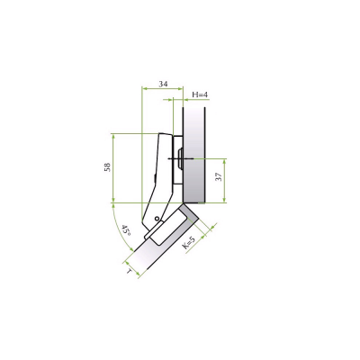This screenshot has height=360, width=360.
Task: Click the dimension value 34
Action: tap(163, 84)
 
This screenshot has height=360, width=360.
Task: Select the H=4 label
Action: tap(200, 94)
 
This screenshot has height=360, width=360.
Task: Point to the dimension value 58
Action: tap(107, 167)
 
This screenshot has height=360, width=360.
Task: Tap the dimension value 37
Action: tap(219, 176)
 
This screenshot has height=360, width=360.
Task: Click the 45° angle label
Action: tap(126, 231)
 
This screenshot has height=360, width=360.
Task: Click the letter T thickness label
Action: tap(130, 271)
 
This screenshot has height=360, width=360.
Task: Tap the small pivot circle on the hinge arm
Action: tap(157, 218)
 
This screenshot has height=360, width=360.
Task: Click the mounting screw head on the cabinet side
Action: tap(181, 158)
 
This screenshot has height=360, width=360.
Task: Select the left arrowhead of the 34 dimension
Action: tap(144, 88)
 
